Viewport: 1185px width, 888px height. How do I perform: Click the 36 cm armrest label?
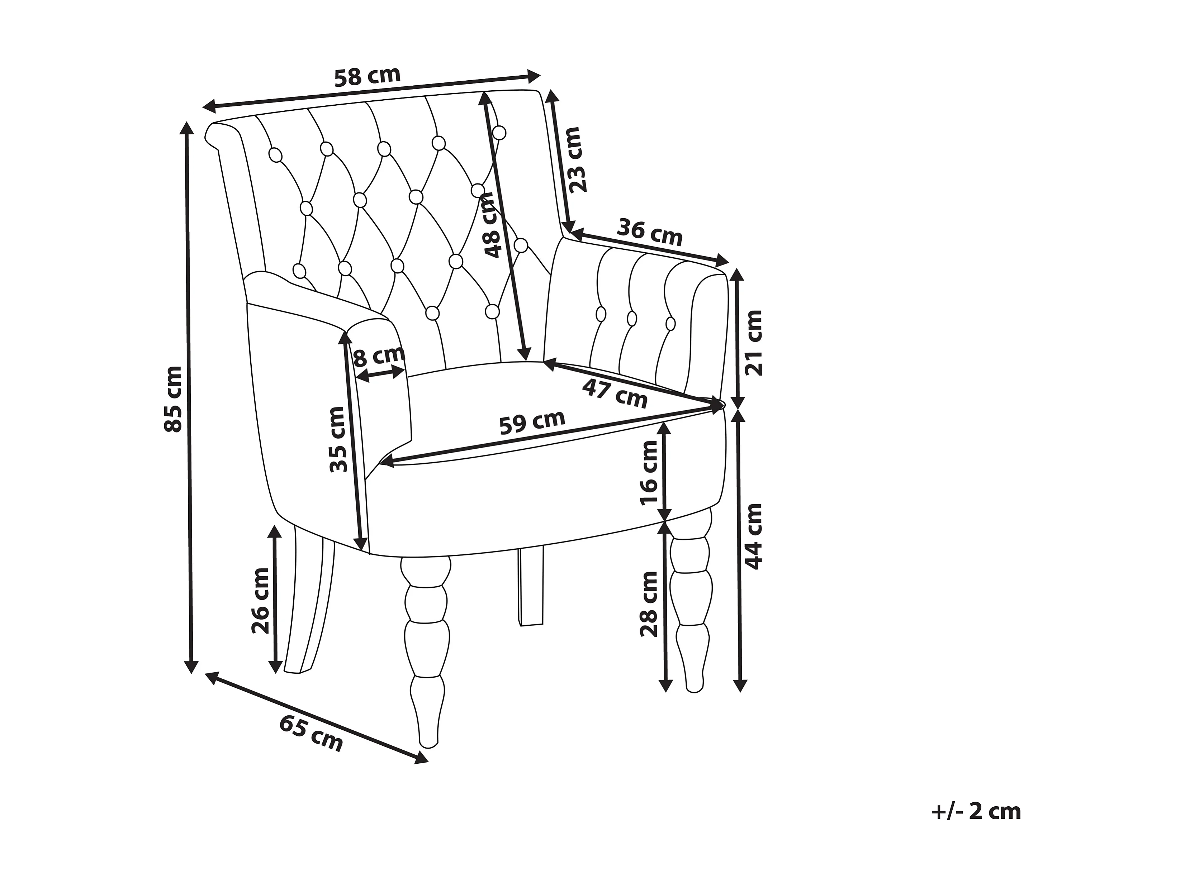pyautogui.click(x=649, y=232)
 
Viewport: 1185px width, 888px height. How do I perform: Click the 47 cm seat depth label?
pyautogui.click(x=615, y=394)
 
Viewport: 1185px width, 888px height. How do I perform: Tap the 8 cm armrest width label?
pyautogui.click(x=379, y=356)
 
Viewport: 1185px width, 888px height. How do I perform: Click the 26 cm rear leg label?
pyautogui.click(x=261, y=600)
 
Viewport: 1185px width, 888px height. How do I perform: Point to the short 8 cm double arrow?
pyautogui.click(x=380, y=374)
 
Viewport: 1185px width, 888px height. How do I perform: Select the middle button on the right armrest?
pyautogui.click(x=632, y=318)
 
